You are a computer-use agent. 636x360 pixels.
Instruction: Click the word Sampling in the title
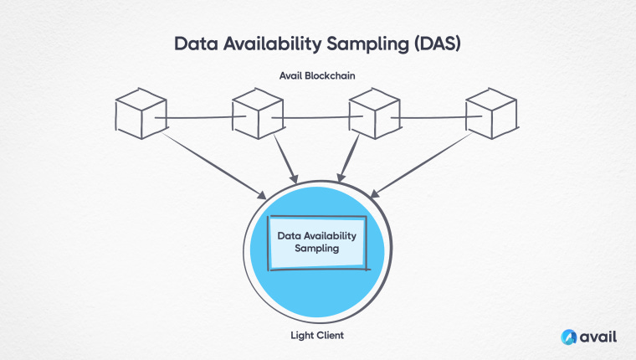[x=368, y=44]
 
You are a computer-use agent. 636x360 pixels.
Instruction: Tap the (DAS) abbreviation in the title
[x=438, y=44]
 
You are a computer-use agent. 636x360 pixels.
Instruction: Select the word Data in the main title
[x=197, y=44]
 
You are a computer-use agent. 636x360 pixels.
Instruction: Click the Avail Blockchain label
[x=317, y=75]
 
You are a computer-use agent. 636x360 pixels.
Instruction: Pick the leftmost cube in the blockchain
[x=141, y=114]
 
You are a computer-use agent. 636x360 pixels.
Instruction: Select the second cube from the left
[x=258, y=114]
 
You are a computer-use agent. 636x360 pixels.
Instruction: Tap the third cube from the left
[x=375, y=114]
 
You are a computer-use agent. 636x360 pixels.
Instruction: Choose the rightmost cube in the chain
[x=491, y=114]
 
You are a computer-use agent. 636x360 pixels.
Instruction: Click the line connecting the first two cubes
[x=200, y=118]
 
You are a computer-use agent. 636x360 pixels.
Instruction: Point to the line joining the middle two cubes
[x=317, y=118]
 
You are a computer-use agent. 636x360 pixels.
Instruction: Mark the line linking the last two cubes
[x=437, y=118]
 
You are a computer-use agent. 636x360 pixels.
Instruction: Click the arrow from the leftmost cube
[x=213, y=166]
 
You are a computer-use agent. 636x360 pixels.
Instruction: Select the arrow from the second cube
[x=286, y=159]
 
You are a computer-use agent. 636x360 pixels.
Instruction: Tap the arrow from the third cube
[x=348, y=158]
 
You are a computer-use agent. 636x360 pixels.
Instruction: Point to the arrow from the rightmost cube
[x=422, y=165]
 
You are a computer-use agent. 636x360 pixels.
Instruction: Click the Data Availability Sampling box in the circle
[x=318, y=243]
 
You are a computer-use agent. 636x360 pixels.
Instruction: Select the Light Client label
[x=317, y=336]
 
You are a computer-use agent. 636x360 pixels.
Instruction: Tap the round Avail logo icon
[x=569, y=337]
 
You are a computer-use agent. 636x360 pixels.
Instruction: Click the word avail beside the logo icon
[x=598, y=337]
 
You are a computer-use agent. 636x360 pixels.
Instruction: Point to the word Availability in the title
[x=272, y=44]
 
